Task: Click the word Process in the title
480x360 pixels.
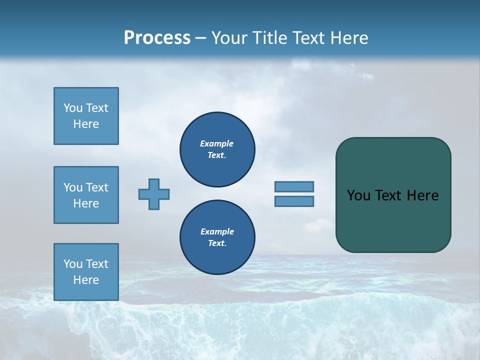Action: click(157, 38)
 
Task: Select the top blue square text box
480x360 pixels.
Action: click(86, 116)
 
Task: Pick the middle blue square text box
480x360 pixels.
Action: click(86, 195)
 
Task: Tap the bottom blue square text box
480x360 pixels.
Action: click(86, 272)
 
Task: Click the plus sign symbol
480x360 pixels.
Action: click(154, 194)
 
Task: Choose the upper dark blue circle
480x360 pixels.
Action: click(217, 149)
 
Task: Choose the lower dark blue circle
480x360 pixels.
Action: click(217, 237)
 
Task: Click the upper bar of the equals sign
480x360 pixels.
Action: click(294, 186)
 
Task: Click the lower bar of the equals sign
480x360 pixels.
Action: click(294, 201)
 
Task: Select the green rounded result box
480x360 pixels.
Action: click(393, 195)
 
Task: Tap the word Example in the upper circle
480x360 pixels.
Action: click(216, 143)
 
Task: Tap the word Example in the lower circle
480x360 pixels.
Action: click(217, 231)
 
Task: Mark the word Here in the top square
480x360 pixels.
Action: click(86, 124)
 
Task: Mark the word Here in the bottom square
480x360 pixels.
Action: click(86, 280)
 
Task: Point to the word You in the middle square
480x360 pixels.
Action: click(73, 187)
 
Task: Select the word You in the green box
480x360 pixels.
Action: click(358, 195)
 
